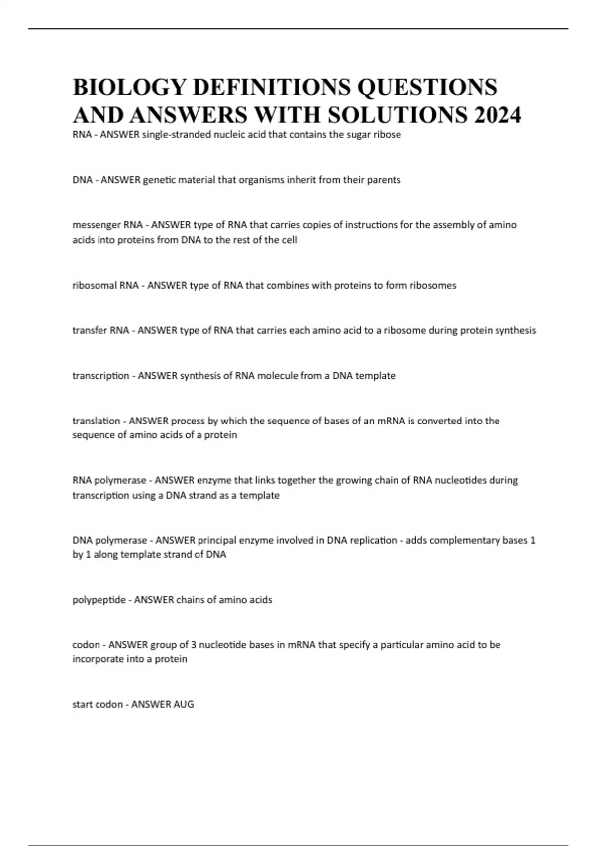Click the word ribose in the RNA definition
click(x=387, y=134)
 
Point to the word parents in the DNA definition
click(x=384, y=180)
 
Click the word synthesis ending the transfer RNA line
click(x=515, y=330)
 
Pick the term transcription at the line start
click(x=100, y=376)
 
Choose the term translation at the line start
click(x=96, y=421)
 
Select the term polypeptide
click(x=99, y=600)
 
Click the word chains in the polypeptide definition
click(x=191, y=600)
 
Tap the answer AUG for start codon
click(x=183, y=704)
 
